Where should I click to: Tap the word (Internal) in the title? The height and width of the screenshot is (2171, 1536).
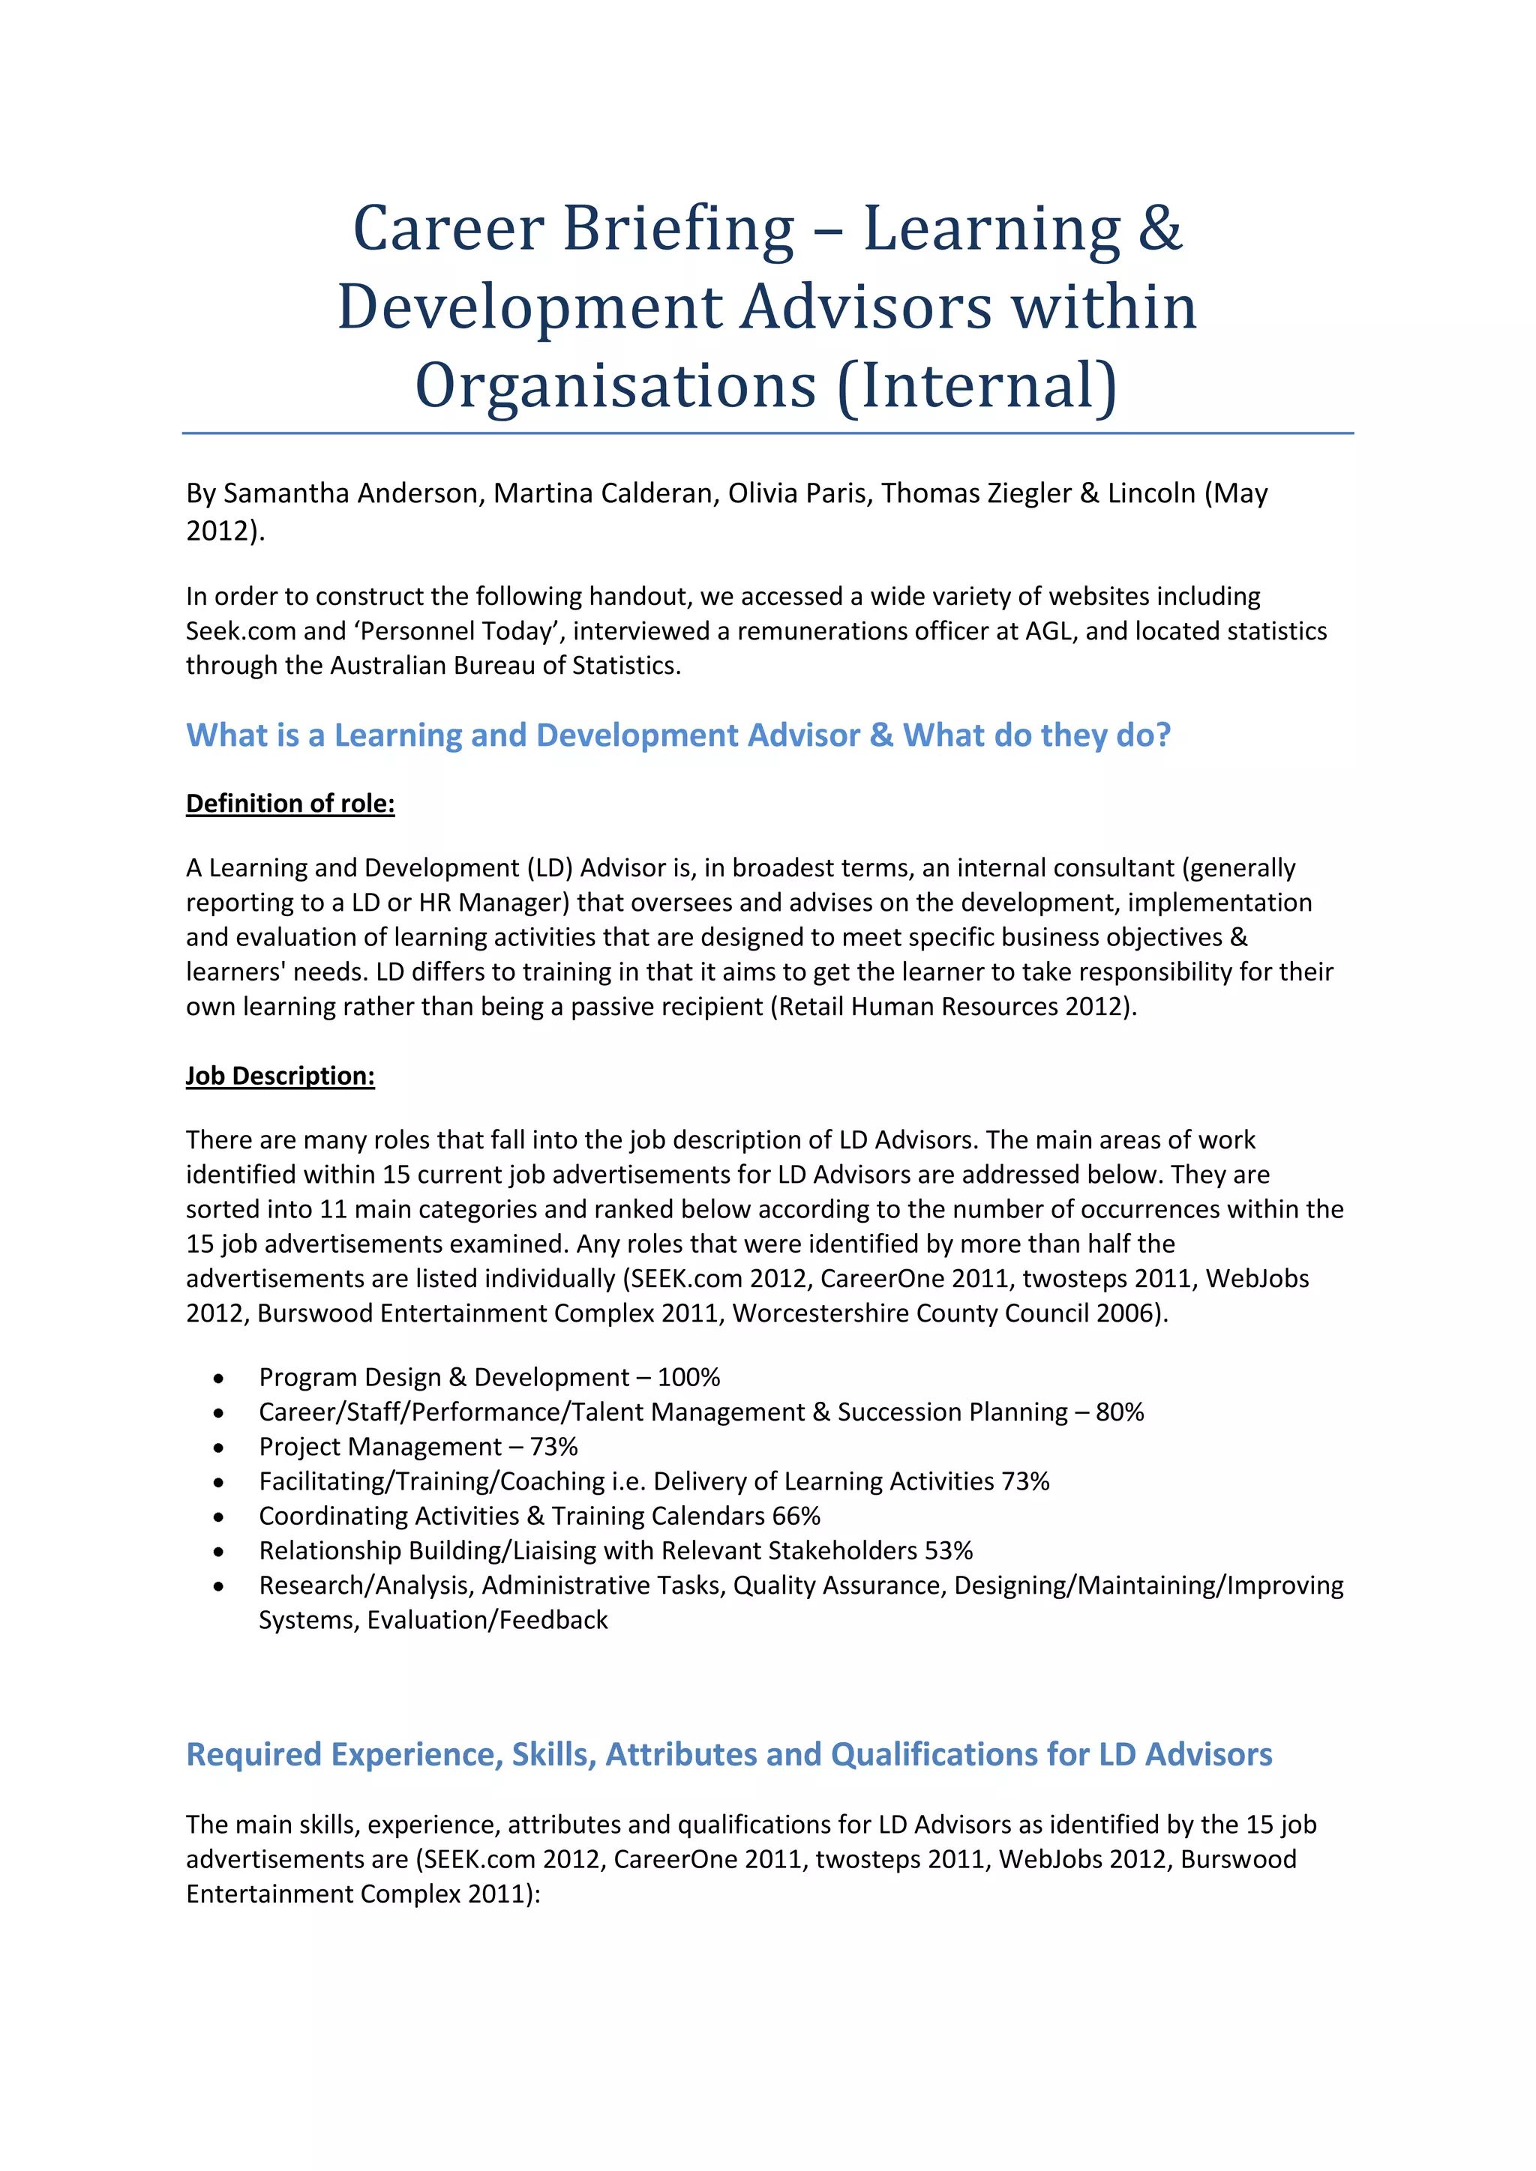click(x=977, y=387)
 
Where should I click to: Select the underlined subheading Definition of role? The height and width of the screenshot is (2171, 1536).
click(x=289, y=804)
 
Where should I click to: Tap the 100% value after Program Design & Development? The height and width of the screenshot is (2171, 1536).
click(x=688, y=1378)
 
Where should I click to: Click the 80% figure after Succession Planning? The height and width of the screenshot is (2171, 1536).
click(x=1120, y=1412)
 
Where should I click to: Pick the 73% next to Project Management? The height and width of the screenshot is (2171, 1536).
click(x=553, y=1447)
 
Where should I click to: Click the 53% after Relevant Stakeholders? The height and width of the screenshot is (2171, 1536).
click(x=949, y=1551)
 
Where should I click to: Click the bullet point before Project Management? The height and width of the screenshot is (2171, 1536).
click(x=218, y=1448)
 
